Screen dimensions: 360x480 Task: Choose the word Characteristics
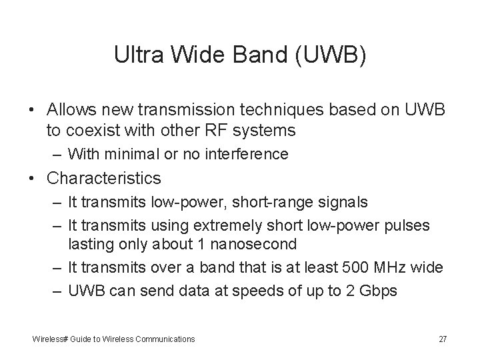(104, 178)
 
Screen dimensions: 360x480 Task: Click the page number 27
(443, 339)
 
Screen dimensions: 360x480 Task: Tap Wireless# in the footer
(49, 339)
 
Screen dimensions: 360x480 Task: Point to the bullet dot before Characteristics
(31, 179)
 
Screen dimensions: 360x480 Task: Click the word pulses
(411, 226)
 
